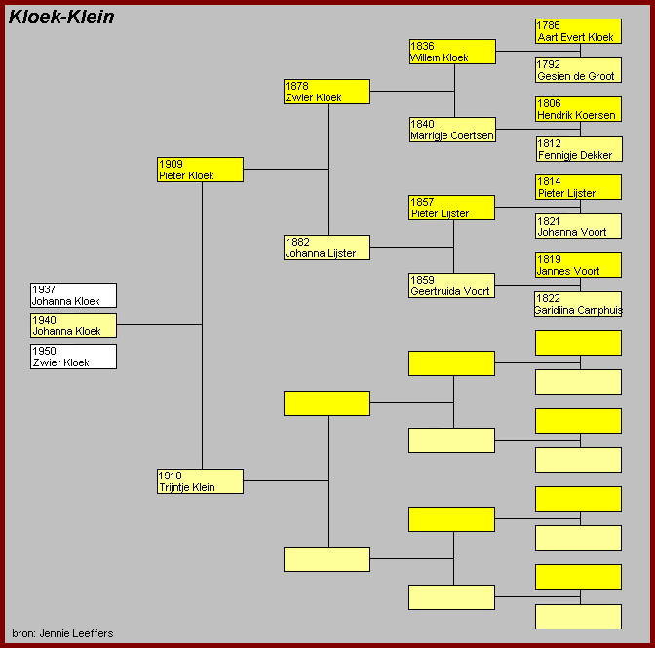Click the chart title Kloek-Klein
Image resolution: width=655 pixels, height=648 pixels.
tap(61, 17)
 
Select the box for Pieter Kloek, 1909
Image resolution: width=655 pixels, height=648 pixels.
tap(200, 170)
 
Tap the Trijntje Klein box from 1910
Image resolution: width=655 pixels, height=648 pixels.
tap(200, 481)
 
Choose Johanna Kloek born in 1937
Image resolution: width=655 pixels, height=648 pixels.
tap(73, 295)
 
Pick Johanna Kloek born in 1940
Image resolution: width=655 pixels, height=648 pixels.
tap(73, 325)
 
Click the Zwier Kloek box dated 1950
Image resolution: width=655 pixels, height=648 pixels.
tap(73, 357)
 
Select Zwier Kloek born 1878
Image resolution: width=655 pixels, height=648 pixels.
tap(327, 92)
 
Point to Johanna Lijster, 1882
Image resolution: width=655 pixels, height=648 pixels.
tap(327, 248)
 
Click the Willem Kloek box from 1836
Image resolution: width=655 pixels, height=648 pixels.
tap(452, 52)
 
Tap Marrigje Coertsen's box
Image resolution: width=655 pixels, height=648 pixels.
tap(452, 130)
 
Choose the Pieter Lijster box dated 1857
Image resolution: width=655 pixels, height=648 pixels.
tap(452, 208)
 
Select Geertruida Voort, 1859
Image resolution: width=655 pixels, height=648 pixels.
tap(452, 286)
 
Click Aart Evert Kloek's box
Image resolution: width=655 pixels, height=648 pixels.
tap(578, 31)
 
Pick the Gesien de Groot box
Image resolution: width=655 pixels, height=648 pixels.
tap(578, 70)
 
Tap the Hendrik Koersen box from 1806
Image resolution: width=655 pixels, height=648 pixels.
tap(578, 109)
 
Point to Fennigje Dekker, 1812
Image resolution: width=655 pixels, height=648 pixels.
tap(578, 149)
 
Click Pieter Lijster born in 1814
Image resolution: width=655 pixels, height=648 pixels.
tap(578, 187)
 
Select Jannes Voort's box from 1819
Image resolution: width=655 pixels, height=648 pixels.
tap(578, 265)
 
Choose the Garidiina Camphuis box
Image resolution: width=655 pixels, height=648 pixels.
tap(578, 304)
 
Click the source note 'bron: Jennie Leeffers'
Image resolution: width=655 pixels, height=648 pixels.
tap(62, 633)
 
